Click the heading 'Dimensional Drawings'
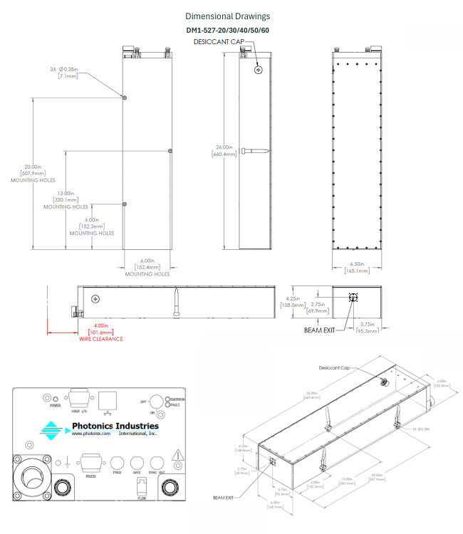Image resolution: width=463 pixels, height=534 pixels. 227,16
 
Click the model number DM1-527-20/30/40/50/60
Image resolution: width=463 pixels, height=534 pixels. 227,30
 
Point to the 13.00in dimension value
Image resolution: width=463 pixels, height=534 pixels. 66,194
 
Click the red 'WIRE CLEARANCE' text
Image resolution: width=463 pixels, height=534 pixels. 100,339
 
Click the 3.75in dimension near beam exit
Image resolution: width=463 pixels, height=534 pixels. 368,325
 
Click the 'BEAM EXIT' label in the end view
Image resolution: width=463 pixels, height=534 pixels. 318,330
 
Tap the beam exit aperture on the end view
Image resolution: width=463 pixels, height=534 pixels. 351,298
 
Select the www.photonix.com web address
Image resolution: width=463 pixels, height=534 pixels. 91,434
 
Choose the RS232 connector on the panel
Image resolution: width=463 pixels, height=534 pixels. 90,464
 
